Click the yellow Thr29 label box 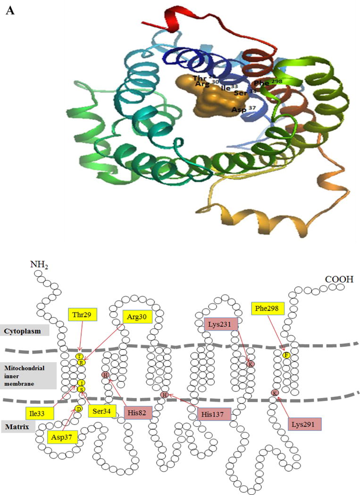coord(80,314)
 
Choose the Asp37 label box coord(63,437)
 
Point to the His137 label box coord(214,415)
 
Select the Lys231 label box coord(221,324)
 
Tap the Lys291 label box coord(304,423)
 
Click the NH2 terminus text coord(41,264)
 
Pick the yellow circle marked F coord(285,355)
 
